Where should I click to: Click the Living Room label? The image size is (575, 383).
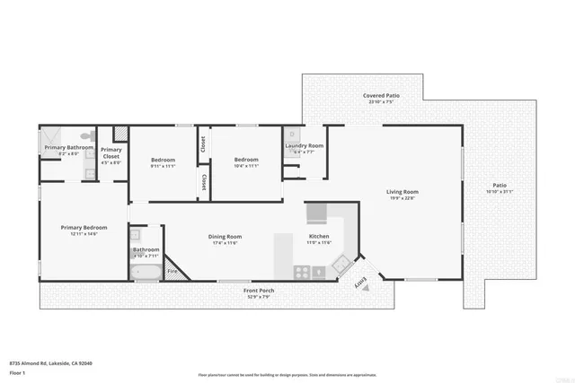(402, 191)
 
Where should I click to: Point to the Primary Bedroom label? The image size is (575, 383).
(84, 228)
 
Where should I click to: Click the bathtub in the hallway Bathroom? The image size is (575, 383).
(146, 272)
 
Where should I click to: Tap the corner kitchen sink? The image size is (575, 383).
(340, 264)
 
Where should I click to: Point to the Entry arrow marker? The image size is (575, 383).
(362, 283)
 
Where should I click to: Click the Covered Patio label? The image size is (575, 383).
(381, 95)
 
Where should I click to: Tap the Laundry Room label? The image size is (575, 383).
(305, 145)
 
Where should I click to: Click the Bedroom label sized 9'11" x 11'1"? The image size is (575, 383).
(163, 160)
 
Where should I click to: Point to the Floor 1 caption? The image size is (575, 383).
(17, 371)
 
